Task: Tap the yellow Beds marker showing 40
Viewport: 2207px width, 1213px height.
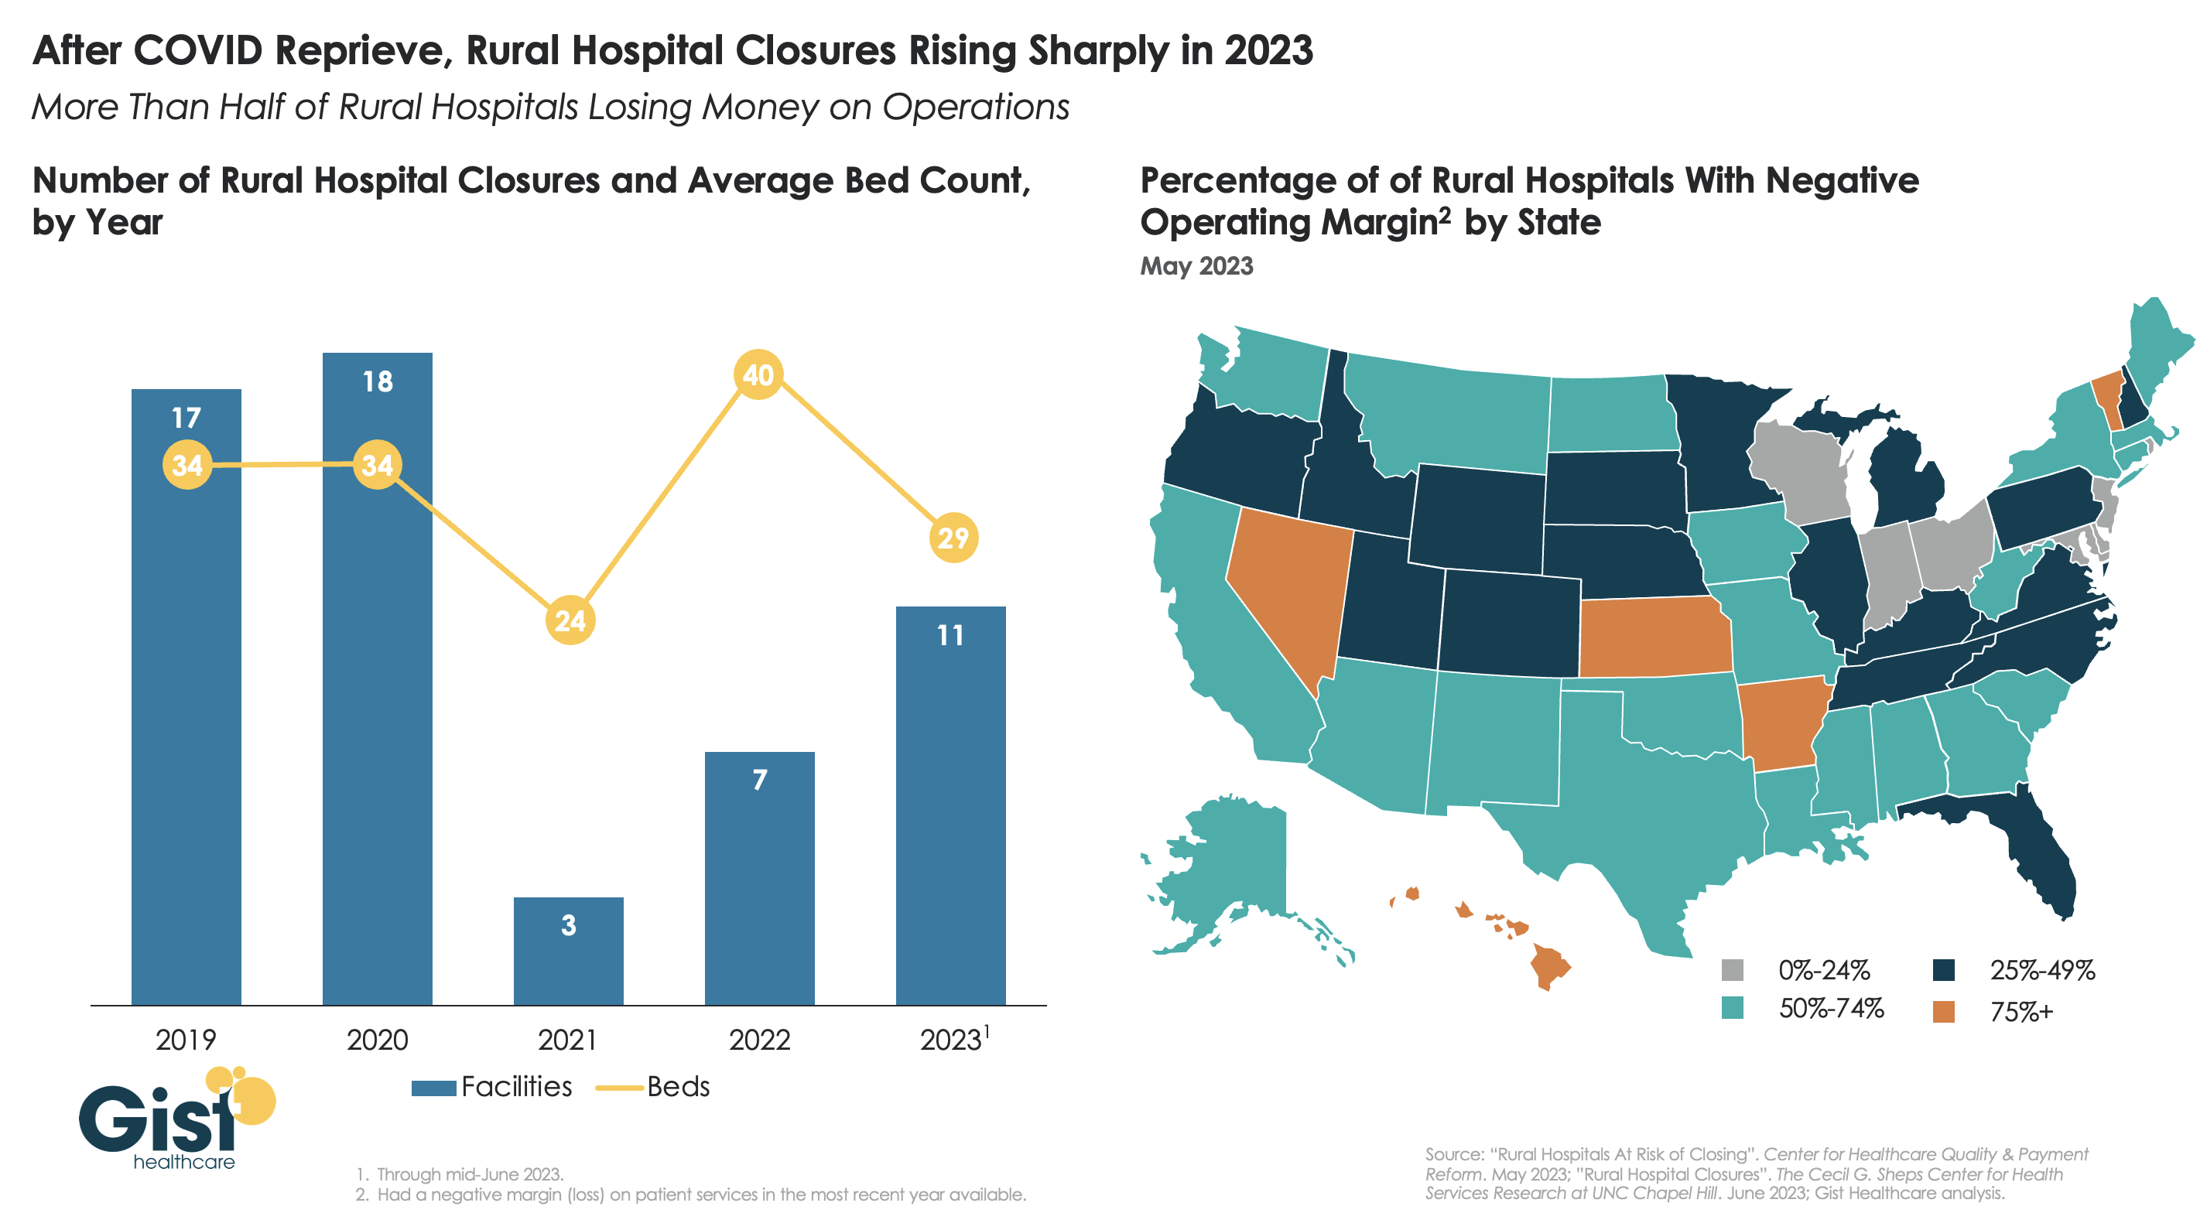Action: click(x=758, y=374)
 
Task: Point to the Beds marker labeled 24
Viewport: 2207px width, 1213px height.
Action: click(x=570, y=620)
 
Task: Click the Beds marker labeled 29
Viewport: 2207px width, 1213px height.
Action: click(x=953, y=538)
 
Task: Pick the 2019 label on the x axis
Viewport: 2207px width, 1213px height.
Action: click(x=186, y=1039)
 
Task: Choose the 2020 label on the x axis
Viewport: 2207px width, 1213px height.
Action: click(x=377, y=1039)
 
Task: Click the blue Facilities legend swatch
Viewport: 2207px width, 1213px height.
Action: click(x=433, y=1088)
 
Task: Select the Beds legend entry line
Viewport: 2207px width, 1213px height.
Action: click(x=618, y=1088)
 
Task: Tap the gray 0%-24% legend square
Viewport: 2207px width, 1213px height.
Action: click(x=1733, y=970)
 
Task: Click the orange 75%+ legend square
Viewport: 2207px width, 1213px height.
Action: click(x=1943, y=1012)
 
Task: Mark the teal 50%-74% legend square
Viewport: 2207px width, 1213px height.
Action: click(x=1733, y=1008)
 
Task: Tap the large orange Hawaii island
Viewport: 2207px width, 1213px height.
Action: click(x=1548, y=966)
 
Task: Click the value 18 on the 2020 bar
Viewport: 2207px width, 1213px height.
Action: click(x=377, y=381)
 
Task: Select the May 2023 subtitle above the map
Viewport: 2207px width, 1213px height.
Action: click(x=1196, y=266)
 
